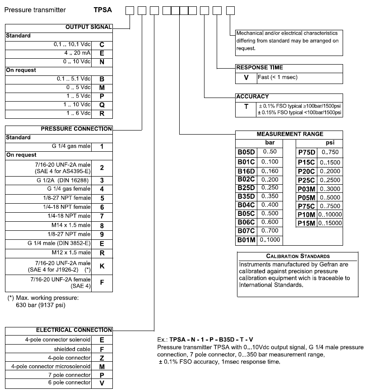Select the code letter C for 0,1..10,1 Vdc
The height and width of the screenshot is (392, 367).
(x=102, y=45)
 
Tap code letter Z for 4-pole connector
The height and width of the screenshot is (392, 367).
(x=102, y=357)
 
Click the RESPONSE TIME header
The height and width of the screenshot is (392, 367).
(x=260, y=67)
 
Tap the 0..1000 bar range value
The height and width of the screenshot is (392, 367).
(x=269, y=240)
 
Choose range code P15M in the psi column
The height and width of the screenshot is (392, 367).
(x=307, y=223)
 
